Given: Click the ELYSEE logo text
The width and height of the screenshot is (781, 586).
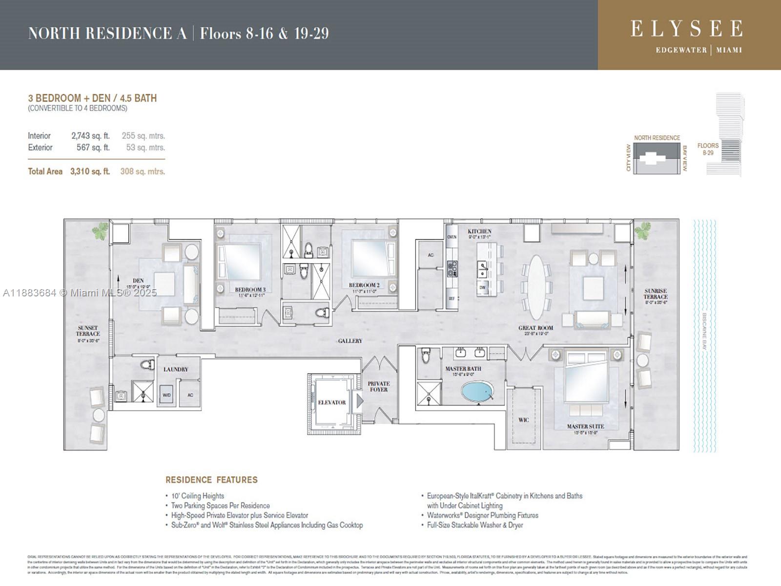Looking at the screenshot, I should (686, 29).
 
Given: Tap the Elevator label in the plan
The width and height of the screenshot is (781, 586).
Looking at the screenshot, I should (332, 402).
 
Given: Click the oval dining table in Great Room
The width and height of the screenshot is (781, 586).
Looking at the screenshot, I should (536, 288).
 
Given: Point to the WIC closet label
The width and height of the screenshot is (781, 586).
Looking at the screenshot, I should (523, 420).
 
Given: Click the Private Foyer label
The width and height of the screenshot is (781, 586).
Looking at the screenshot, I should (379, 386).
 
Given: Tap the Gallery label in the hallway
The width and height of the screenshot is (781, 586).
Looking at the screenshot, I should (350, 341).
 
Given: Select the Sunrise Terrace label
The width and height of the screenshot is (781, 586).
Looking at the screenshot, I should (655, 294).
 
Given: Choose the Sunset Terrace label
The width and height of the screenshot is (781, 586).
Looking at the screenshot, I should (88, 331).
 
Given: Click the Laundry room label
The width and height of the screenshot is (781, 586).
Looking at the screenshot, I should (175, 369).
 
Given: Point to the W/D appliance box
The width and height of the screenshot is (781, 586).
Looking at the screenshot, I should (166, 395).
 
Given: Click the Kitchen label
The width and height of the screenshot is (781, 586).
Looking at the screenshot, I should (479, 231).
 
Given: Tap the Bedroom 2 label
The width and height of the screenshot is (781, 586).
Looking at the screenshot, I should (364, 285).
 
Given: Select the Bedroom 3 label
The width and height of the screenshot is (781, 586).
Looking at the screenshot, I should (250, 290).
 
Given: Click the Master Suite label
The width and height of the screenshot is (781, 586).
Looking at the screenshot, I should (585, 426).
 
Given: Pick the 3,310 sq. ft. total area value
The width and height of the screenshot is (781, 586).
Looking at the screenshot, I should (90, 171).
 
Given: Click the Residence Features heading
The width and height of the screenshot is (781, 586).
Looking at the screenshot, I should (211, 480).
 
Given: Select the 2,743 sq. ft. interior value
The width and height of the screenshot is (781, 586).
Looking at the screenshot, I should (90, 136).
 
